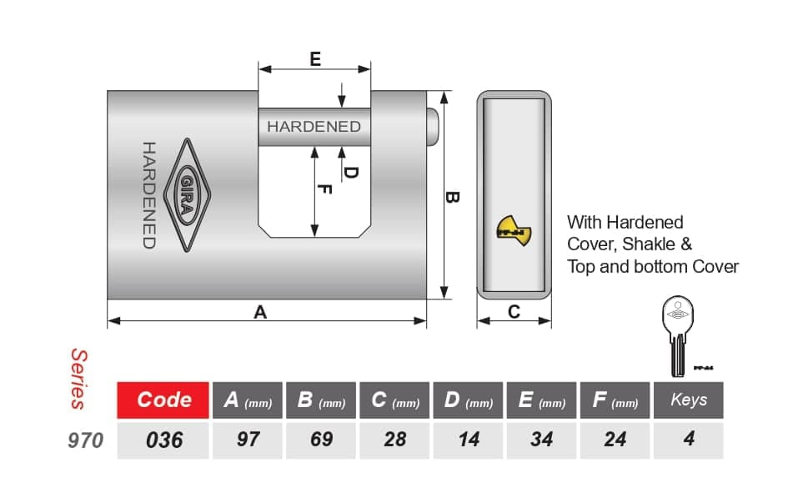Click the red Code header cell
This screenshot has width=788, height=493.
coord(163,400)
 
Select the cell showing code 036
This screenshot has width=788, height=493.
coord(163,440)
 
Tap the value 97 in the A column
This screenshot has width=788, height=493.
coord(248,440)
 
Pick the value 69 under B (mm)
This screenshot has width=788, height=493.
coord(321,440)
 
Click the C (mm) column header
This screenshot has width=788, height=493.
coord(394,400)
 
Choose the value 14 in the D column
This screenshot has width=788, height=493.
coord(469,440)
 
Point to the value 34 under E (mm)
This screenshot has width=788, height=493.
coord(542,440)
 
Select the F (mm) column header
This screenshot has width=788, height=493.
coord(615,400)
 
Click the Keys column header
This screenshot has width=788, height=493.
coord(689,400)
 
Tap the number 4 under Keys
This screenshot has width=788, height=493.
coord(689,439)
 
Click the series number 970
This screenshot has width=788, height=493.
coord(85,440)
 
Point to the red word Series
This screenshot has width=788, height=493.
coord(79,380)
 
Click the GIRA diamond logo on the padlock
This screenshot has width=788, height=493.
coord(188,195)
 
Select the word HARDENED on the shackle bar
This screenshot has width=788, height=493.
coord(314,127)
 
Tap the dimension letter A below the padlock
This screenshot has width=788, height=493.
coord(260,312)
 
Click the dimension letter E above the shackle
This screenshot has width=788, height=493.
coord(315,59)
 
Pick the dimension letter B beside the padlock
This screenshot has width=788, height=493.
coord(452,197)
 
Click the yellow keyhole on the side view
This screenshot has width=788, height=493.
coord(513,231)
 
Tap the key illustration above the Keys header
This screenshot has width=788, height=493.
coord(678,335)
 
